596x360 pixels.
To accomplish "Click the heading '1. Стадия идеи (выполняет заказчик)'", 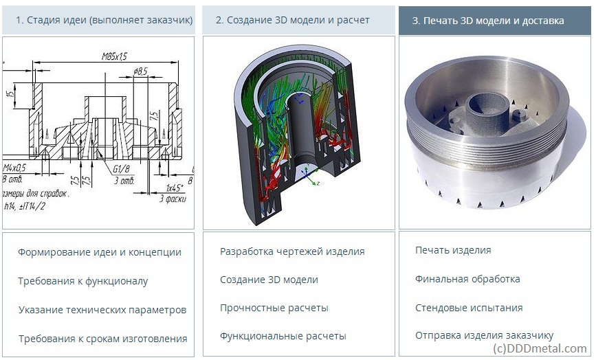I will point(104,21).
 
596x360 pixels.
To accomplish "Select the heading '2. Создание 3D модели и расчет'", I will point(292,21).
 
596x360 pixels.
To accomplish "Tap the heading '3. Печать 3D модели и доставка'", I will point(487,21).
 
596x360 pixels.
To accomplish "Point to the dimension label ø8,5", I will point(141,71).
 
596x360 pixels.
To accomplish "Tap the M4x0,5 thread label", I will point(13,168).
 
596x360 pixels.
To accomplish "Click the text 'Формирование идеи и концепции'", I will point(100,252).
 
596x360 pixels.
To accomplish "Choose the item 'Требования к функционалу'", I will point(83,281).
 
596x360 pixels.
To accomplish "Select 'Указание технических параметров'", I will point(102,310).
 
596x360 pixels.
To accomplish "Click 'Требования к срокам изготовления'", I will point(103,339).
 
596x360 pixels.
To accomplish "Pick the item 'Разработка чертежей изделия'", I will point(292,251).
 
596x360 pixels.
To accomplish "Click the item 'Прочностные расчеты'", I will point(274,308).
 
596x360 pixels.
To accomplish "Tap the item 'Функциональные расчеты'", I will point(283,336).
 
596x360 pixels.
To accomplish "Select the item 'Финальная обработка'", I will point(467,279).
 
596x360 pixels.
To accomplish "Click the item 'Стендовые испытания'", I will point(469,308).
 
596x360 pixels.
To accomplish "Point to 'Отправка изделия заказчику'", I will point(484,335).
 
